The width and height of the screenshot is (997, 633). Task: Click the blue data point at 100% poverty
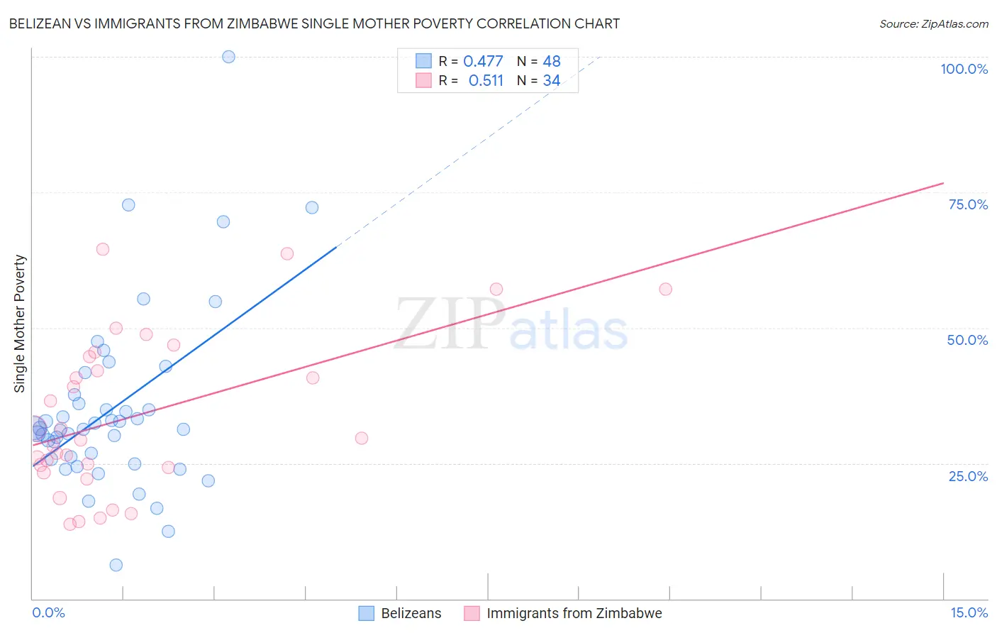pos(228,57)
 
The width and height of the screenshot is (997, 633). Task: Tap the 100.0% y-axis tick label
pos(964,69)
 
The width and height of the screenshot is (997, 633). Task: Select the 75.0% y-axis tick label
pos(968,204)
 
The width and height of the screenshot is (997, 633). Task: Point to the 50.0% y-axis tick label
pos(967,340)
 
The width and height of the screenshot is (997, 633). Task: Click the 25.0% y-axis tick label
pos(968,476)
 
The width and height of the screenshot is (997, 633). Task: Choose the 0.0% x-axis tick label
pos(48,612)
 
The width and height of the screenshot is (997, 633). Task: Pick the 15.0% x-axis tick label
pos(969,612)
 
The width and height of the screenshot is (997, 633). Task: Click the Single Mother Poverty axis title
pos(20,324)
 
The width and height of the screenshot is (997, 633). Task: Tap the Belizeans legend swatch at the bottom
pos(366,613)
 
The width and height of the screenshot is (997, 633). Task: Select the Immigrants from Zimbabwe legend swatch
pos(472,613)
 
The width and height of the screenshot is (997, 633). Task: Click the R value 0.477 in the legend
pos(483,62)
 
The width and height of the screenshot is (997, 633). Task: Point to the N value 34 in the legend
pos(552,81)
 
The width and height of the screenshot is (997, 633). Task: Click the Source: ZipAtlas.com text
pos(933,24)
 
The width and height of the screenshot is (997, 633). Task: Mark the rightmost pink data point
pos(665,289)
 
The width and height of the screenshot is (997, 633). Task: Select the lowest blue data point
pos(116,565)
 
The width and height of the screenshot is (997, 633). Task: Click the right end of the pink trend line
pos(943,183)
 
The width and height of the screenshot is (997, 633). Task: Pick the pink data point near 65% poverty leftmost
pos(103,249)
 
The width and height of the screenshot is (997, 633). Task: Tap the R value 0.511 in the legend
pos(486,81)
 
